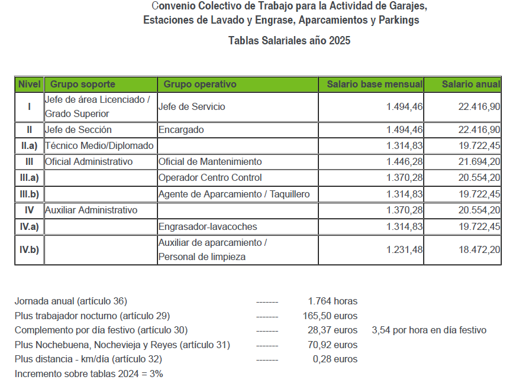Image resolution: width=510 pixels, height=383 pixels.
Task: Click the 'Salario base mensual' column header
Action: click(x=375, y=85)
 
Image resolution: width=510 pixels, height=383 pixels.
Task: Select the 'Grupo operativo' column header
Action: click(x=199, y=85)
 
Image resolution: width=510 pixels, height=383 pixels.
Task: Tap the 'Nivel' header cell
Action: click(x=30, y=85)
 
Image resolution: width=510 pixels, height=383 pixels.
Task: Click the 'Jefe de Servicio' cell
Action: click(x=192, y=107)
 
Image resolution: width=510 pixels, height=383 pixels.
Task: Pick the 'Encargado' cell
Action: click(x=181, y=130)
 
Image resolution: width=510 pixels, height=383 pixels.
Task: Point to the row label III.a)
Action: click(x=30, y=178)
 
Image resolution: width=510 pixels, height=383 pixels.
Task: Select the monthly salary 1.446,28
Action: click(x=404, y=162)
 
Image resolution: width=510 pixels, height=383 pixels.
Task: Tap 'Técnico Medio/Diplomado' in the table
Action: click(x=99, y=146)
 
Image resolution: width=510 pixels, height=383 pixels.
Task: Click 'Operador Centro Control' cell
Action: click(x=210, y=178)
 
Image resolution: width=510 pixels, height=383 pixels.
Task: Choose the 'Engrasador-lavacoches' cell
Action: click(x=208, y=227)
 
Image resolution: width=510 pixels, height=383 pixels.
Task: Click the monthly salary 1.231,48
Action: click(x=404, y=250)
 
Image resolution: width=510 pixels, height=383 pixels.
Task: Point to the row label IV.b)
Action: click(x=30, y=250)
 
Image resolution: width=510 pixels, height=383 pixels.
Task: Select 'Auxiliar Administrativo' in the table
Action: click(x=91, y=210)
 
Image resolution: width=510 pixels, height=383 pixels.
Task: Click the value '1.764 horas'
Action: click(x=333, y=301)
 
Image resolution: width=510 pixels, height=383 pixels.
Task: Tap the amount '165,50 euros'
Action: click(x=330, y=316)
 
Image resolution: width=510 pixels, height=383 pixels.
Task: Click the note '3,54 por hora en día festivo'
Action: click(x=429, y=330)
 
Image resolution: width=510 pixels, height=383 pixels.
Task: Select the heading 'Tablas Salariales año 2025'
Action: click(x=289, y=41)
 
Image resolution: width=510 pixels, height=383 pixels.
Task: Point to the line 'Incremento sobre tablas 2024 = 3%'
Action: click(x=89, y=374)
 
